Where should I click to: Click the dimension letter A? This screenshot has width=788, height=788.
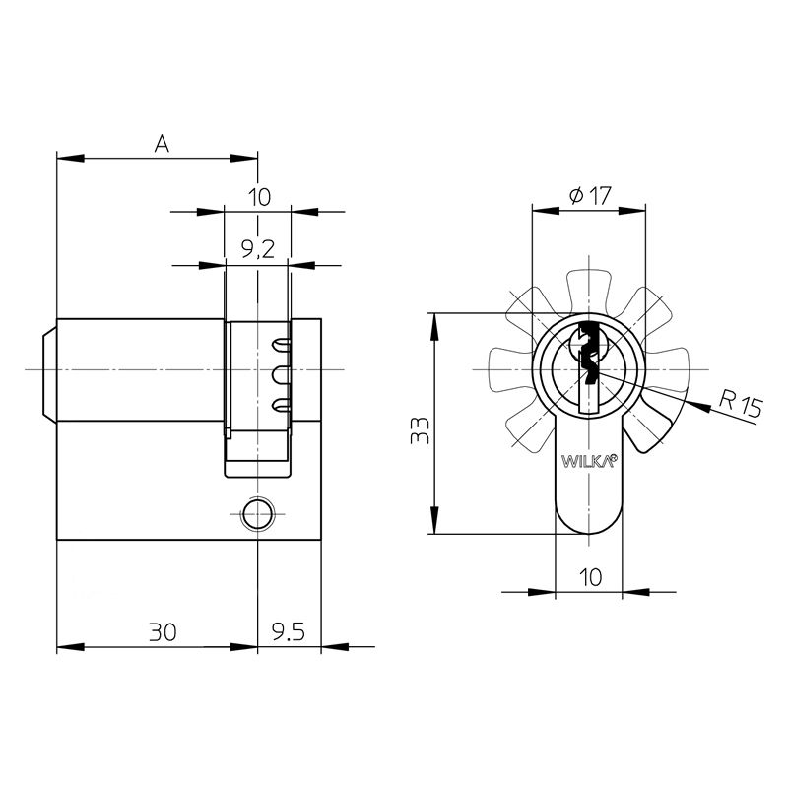click(x=162, y=144)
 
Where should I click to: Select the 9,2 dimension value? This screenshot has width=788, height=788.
click(x=258, y=249)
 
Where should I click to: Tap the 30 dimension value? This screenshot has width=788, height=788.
click(x=163, y=632)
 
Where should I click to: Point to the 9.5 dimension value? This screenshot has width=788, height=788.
click(x=289, y=632)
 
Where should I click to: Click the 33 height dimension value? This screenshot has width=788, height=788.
click(x=421, y=430)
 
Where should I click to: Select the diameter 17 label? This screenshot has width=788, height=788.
click(x=590, y=195)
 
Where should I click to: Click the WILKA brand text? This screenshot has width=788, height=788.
click(x=588, y=461)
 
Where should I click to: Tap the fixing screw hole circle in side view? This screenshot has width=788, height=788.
click(x=257, y=514)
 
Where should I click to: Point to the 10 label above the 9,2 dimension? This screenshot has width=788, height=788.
click(x=259, y=197)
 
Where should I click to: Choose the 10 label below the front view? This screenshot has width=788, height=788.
click(x=590, y=577)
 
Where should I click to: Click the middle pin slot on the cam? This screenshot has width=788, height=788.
click(x=281, y=375)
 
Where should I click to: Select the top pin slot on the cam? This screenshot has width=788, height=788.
click(x=281, y=344)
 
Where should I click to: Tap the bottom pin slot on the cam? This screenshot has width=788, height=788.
click(x=281, y=405)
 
